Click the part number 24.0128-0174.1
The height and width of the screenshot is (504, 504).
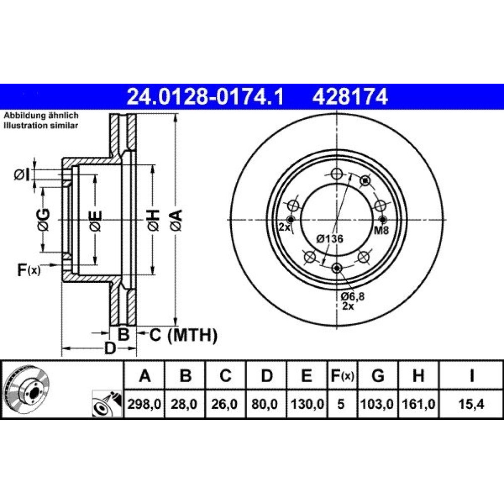(206, 97)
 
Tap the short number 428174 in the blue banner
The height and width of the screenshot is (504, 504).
(350, 97)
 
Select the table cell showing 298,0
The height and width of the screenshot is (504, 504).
(144, 404)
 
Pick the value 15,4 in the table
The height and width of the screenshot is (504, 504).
(471, 404)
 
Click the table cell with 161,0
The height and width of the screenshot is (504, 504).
(418, 404)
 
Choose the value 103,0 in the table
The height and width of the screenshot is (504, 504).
(377, 404)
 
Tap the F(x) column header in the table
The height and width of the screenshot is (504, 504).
(342, 375)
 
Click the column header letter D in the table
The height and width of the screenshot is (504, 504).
(267, 375)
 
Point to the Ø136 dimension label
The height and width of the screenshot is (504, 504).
(330, 239)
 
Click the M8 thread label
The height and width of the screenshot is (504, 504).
(382, 230)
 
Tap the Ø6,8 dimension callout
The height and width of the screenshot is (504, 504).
(353, 296)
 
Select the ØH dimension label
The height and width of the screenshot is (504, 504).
(153, 220)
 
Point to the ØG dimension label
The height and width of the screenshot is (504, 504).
(43, 220)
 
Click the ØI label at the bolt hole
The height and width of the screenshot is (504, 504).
(22, 175)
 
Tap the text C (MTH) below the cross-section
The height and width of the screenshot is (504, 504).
(183, 335)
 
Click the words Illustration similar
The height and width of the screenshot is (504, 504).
(41, 125)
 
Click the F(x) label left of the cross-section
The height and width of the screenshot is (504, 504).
(29, 270)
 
